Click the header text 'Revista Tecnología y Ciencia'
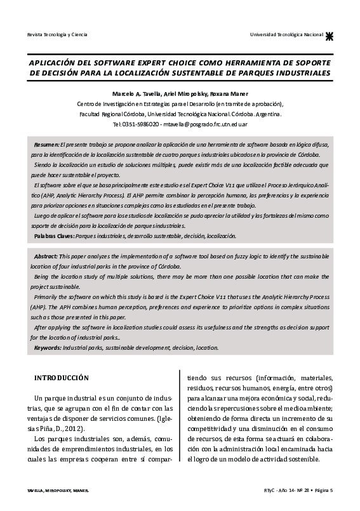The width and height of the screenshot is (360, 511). click(53, 34)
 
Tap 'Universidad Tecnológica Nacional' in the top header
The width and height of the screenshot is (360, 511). click(286, 34)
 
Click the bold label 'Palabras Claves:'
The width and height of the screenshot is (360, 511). click(54, 236)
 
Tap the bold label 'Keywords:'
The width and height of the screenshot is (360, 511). click(48, 347)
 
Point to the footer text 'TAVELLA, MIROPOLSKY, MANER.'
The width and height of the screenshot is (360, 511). click(54, 491)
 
